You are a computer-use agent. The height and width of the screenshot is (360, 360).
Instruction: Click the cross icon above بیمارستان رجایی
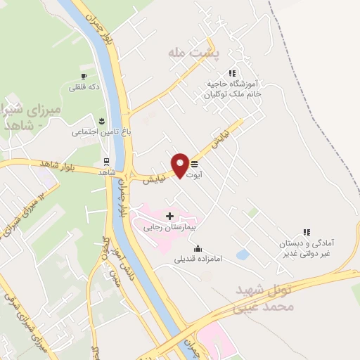tap(169, 215)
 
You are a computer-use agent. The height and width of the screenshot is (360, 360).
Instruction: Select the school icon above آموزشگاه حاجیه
tap(231, 72)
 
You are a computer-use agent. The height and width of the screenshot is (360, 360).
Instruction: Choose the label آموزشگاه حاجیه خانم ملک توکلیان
tap(233, 88)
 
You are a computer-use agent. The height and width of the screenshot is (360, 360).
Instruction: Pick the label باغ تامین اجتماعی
tap(98, 131)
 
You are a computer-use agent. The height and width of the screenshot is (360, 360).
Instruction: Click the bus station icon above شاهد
tap(106, 160)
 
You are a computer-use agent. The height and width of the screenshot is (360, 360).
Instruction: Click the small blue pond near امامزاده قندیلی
tap(243, 255)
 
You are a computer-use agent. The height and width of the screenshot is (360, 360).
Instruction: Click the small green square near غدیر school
tap(271, 212)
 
